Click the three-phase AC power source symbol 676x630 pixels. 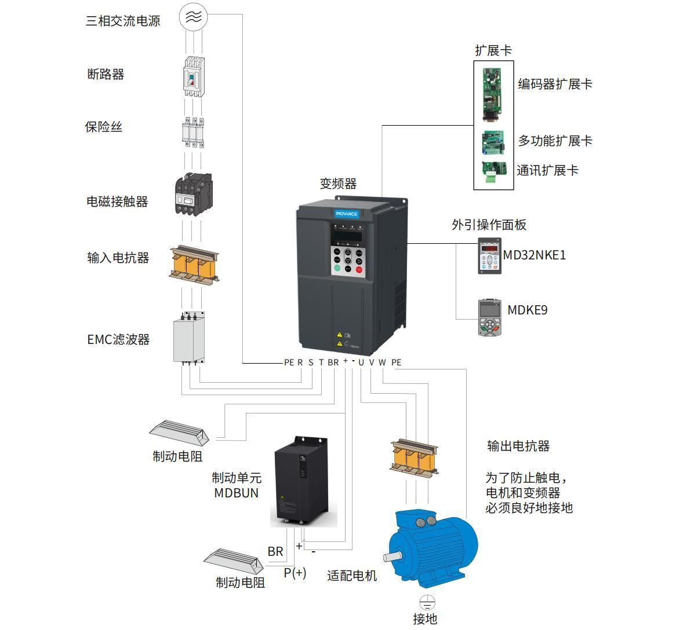coord(193,17)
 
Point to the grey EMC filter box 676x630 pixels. coord(190,339)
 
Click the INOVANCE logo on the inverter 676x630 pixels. coord(346,214)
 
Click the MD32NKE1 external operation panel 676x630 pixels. coord(490,255)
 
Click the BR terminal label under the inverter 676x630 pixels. coord(333,362)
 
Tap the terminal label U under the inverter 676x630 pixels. coord(361,362)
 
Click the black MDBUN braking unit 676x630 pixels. coord(303,482)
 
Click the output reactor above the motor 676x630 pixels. coord(413,458)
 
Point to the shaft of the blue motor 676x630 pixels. coord(394,558)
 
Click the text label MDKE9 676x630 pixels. coord(527,310)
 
